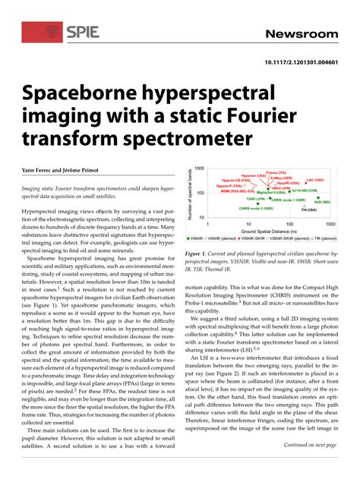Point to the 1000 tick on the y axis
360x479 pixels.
click(199, 169)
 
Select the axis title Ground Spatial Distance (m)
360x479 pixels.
click(267, 231)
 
